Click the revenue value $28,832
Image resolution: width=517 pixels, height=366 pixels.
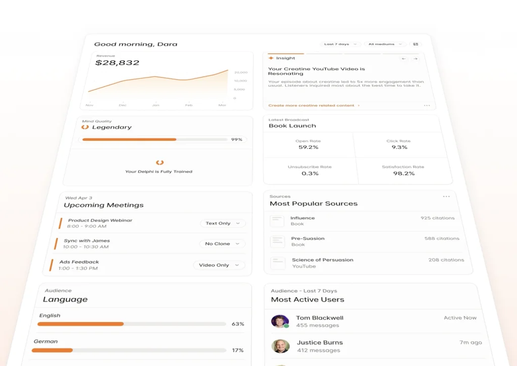point(117,63)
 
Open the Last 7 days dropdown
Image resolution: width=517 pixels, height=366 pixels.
point(340,44)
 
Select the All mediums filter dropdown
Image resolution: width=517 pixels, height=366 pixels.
point(385,44)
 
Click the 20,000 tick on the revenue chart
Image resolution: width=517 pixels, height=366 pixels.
point(241,73)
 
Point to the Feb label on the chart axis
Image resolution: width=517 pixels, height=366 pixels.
point(189,105)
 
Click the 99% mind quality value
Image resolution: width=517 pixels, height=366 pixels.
point(237,140)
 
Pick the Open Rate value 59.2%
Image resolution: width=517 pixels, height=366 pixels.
point(308,148)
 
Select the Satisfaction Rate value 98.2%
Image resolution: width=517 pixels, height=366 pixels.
point(404,173)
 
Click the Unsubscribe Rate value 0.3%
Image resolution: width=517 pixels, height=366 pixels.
point(310,173)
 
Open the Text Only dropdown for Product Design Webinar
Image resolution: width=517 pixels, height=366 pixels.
point(223,223)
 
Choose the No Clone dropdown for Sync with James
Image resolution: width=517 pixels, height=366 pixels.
point(222,244)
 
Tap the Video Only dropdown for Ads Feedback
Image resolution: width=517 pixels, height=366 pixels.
point(219,265)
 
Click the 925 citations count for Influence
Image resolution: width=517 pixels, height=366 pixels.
point(437,218)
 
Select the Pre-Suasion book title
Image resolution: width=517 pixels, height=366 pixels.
point(307,238)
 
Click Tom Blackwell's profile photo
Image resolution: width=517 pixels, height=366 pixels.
point(280,322)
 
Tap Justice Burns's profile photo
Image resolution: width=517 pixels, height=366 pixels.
point(281,346)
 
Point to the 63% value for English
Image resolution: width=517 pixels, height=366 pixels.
point(238,324)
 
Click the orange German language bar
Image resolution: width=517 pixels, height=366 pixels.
point(52,350)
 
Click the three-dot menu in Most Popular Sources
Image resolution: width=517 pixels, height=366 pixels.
point(446,197)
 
